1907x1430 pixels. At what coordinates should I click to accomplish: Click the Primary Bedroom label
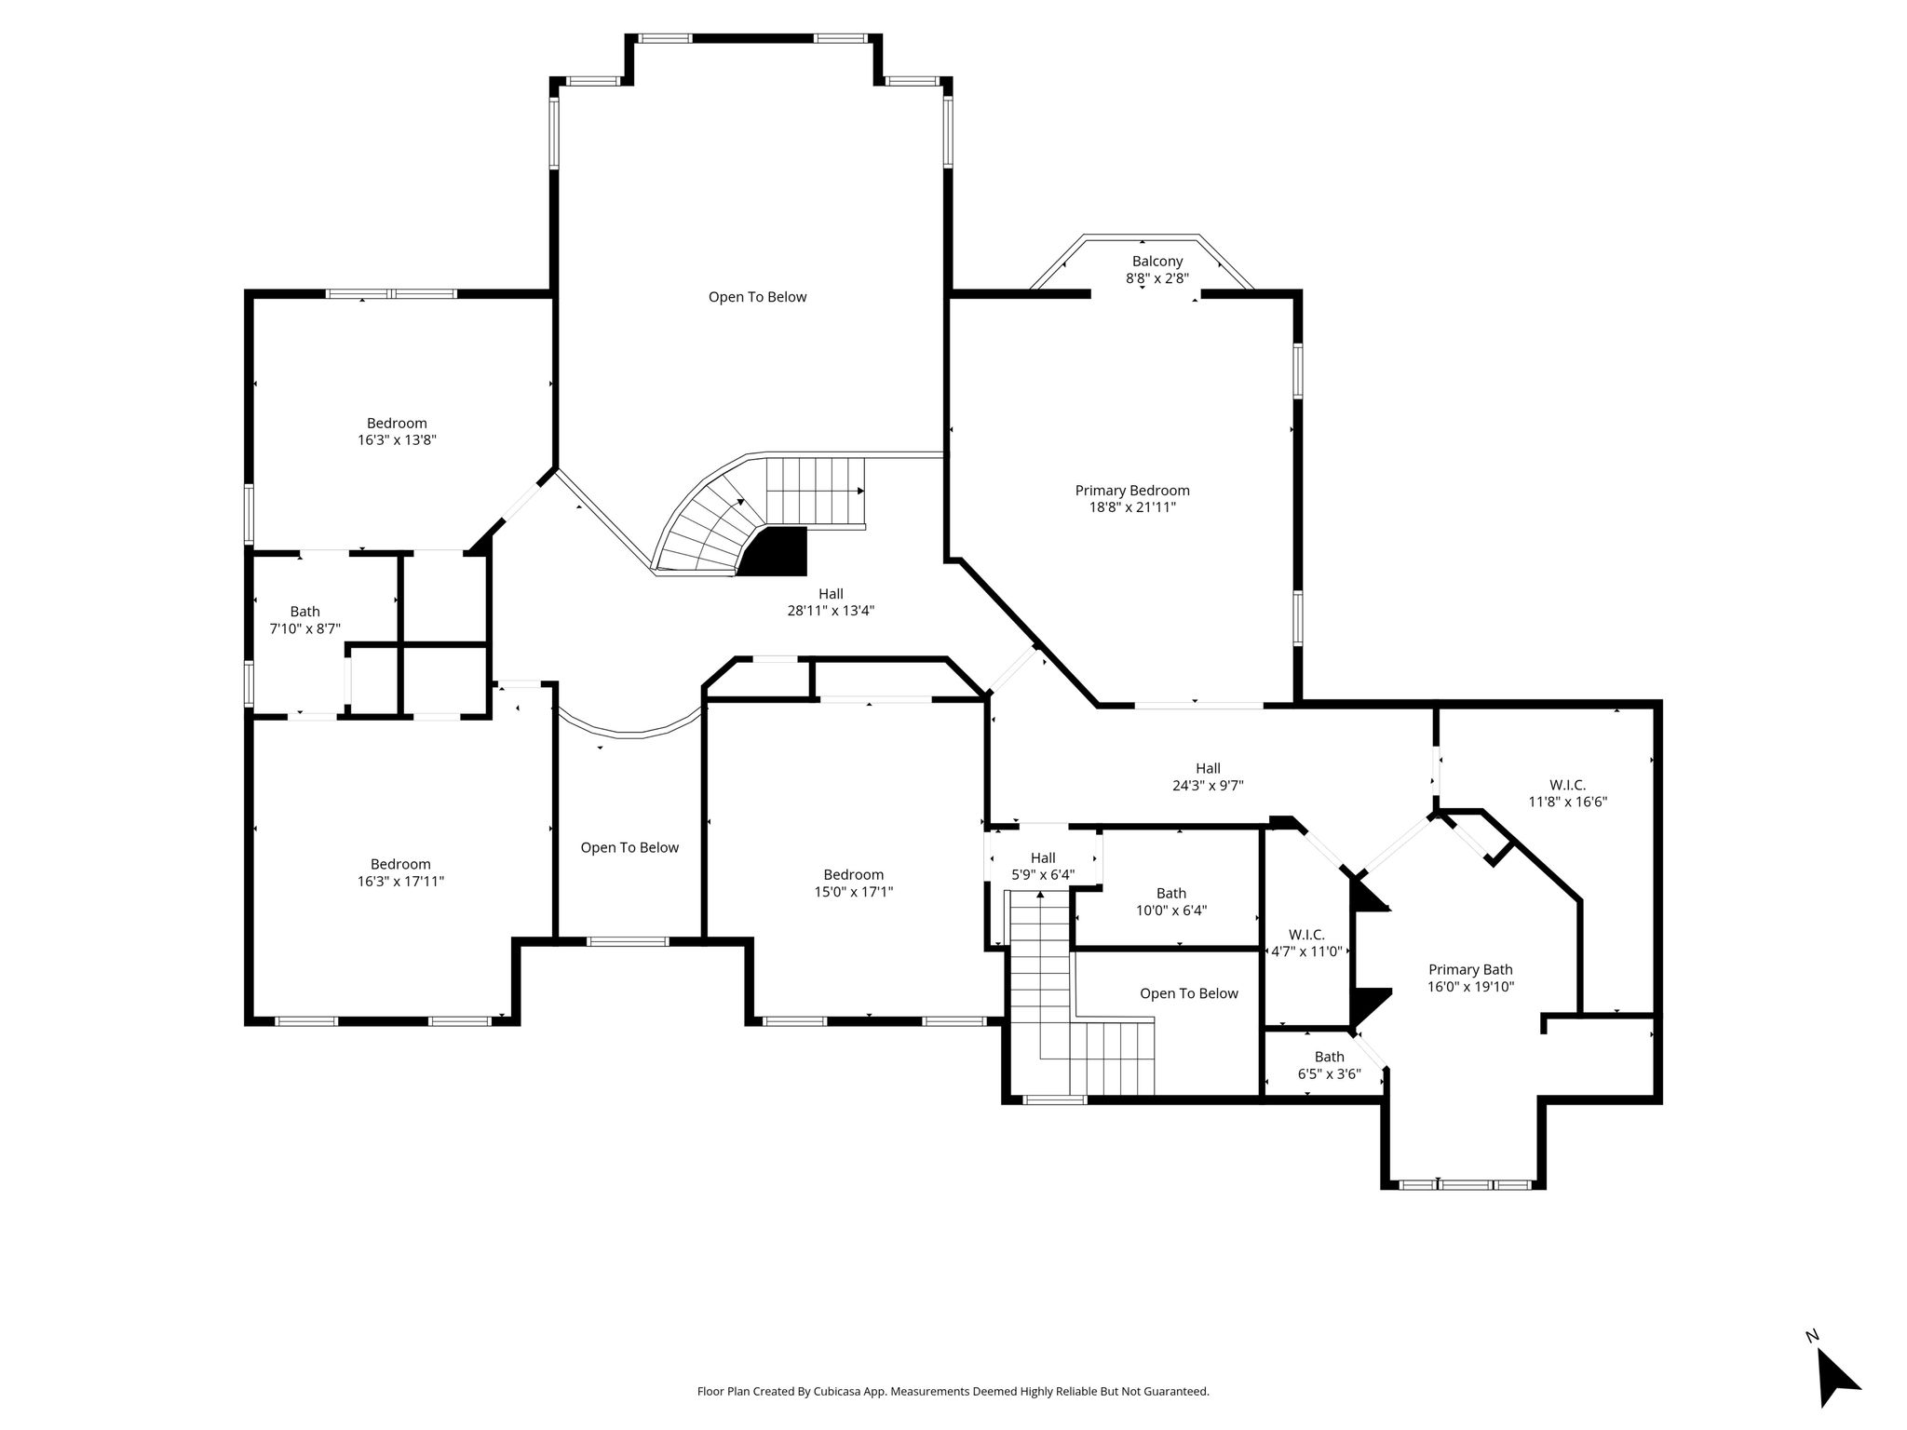[1132, 491]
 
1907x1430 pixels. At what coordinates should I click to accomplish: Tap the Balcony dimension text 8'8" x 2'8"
[1157, 278]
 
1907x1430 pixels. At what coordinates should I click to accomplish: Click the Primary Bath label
[1470, 969]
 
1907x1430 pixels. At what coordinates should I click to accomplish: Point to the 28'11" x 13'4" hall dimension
[831, 611]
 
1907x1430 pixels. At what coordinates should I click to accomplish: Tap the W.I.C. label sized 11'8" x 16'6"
[1568, 785]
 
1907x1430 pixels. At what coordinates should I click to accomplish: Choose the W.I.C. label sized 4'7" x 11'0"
[1306, 935]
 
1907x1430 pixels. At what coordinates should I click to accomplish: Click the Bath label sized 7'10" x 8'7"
[304, 612]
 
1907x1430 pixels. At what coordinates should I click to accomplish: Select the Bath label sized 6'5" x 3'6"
[1330, 1057]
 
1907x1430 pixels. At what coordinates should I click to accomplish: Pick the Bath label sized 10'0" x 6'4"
[1171, 894]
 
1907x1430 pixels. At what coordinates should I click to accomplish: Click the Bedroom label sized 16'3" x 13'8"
[397, 424]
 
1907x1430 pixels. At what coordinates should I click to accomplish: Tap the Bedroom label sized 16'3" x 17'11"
[400, 864]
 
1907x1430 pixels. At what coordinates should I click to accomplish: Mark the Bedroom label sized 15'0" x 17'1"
[854, 874]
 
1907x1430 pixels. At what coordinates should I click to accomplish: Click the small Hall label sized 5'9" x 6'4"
[1043, 857]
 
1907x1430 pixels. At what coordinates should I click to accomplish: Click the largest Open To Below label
[758, 297]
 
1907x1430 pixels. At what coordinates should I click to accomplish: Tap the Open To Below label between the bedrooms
[629, 847]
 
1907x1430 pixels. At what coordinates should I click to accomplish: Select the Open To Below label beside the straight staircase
[1189, 993]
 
